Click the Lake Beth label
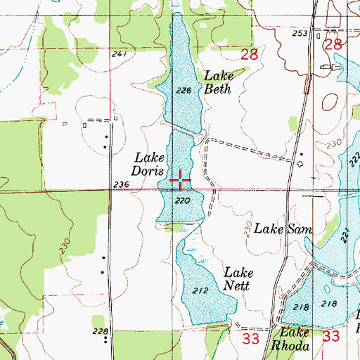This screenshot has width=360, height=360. [218, 82]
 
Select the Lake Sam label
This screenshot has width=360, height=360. [282, 229]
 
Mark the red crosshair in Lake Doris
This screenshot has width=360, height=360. [180, 181]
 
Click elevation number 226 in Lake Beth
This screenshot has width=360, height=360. [184, 90]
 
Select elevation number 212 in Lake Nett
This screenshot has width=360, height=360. [199, 289]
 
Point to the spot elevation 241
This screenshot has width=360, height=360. [119, 54]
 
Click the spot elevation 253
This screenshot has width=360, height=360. [301, 34]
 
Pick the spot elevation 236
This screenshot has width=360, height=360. [121, 184]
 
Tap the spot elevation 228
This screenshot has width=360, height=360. [101, 331]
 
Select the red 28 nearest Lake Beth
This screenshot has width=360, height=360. [250, 53]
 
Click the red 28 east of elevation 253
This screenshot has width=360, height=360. [333, 44]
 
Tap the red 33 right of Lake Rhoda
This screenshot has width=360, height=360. [331, 337]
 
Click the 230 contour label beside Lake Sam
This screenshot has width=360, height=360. [248, 228]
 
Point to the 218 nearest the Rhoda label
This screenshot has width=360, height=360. [301, 307]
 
